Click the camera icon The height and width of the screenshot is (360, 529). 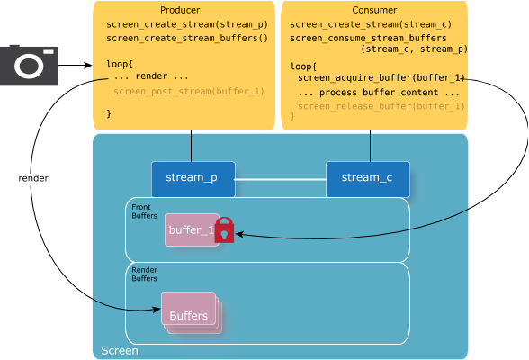pyautogui.click(x=29, y=65)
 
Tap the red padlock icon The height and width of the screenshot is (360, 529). pyautogui.click(x=224, y=230)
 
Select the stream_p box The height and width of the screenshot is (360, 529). pyautogui.click(x=193, y=179)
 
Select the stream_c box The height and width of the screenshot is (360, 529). pyautogui.click(x=368, y=179)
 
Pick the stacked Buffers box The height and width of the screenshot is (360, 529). pyautogui.click(x=192, y=313)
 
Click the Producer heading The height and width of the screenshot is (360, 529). pyautogui.click(x=180, y=10)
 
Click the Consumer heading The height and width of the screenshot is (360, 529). pyautogui.click(x=374, y=10)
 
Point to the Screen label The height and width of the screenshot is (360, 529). pyautogui.click(x=120, y=351)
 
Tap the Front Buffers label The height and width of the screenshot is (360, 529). pyautogui.click(x=144, y=211)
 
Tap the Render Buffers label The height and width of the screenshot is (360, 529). pyautogui.click(x=144, y=274)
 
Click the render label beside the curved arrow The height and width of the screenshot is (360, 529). pyautogui.click(x=33, y=178)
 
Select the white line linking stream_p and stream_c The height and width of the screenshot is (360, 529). pyautogui.click(x=281, y=179)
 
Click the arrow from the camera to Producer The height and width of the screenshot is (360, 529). pyautogui.click(x=75, y=65)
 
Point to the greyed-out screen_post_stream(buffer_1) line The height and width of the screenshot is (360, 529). pyautogui.click(x=189, y=92)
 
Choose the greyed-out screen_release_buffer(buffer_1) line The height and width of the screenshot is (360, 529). pyautogui.click(x=381, y=106)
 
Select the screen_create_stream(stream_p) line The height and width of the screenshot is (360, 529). pyautogui.click(x=187, y=24)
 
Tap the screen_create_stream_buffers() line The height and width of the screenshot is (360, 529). pyautogui.click(x=187, y=39)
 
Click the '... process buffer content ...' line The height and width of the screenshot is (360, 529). pyautogui.click(x=379, y=93)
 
